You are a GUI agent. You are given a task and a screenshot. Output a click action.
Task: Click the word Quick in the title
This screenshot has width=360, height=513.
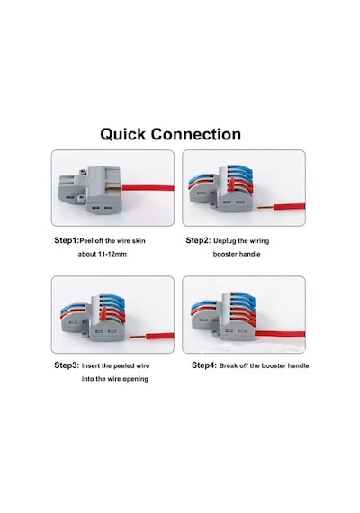pyautogui.click(x=122, y=135)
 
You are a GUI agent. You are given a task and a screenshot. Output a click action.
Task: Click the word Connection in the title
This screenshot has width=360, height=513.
pyautogui.click(x=195, y=134)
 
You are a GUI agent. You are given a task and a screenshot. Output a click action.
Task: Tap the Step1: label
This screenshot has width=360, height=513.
pyautogui.click(x=67, y=240)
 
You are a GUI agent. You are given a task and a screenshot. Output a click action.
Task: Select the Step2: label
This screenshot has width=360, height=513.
pyautogui.click(x=198, y=240)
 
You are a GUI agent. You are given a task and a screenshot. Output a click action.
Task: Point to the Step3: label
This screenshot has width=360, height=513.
pyautogui.click(x=67, y=365)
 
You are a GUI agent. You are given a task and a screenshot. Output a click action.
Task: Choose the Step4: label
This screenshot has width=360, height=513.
pyautogui.click(x=204, y=365)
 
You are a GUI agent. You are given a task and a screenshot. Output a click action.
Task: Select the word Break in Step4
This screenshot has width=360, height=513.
pyautogui.click(x=229, y=365)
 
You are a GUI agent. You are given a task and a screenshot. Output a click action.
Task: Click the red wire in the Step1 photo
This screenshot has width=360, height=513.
pyautogui.click(x=148, y=188)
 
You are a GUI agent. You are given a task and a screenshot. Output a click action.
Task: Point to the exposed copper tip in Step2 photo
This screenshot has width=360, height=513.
pyautogui.click(x=265, y=207)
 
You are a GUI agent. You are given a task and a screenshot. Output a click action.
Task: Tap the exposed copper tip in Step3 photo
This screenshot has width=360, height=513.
pyautogui.click(x=138, y=336)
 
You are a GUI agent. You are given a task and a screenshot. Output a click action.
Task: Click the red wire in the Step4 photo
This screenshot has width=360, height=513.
pyautogui.click(x=280, y=334)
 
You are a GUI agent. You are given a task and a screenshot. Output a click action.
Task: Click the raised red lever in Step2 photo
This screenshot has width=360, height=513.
pyautogui.click(x=231, y=184)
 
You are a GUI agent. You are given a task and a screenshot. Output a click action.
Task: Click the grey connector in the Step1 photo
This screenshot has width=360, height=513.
pyautogui.click(x=90, y=189)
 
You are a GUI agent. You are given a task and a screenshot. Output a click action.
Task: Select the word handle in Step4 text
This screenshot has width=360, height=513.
pyautogui.click(x=297, y=365)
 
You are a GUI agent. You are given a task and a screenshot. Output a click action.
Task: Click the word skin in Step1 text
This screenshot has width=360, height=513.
pyautogui.click(x=139, y=241)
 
